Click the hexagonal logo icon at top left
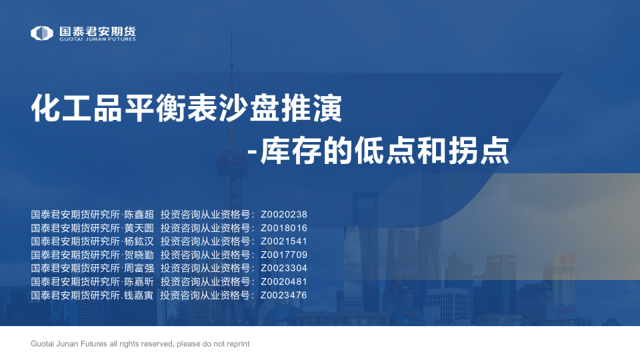pos(41,33)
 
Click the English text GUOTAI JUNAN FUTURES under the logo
pos(97,39)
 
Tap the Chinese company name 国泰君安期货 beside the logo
pos(97,31)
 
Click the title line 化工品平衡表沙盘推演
pos(187,108)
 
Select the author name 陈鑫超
pos(139,215)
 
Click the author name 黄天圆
pos(139,228)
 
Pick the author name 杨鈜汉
pos(139,241)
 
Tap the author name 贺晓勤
pos(139,255)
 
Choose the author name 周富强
pos(139,268)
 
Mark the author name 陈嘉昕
pos(139,281)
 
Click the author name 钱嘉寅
pos(139,295)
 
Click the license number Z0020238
pos(284,215)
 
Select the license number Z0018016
pos(284,228)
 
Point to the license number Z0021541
pos(284,241)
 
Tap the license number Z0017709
pos(284,255)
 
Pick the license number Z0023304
pos(284,268)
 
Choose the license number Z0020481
pos(284,281)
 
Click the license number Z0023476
pos(284,295)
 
